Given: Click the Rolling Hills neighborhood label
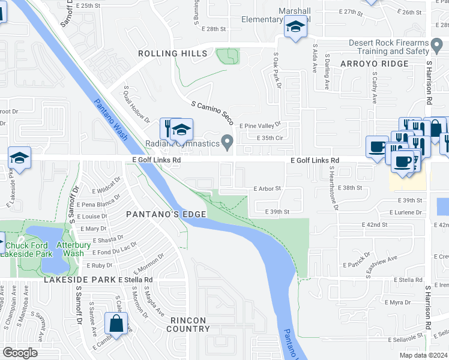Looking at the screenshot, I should (172, 53).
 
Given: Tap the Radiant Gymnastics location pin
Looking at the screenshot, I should (227, 142).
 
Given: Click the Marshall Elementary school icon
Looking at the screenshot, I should (295, 28).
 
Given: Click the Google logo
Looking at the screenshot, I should (20, 353).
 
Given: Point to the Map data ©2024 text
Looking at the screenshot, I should (423, 355).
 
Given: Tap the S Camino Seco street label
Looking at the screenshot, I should (212, 112).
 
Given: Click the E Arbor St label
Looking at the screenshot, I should (267, 188).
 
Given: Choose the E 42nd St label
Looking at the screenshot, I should (376, 224).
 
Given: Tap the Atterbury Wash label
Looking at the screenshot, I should (70, 249).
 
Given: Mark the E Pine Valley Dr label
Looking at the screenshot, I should (260, 125).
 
